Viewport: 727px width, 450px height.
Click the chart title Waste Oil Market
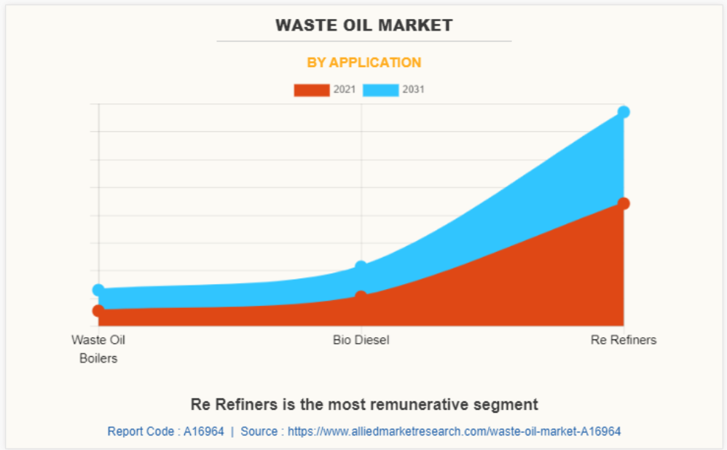(x=363, y=25)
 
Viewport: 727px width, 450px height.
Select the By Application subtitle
(x=363, y=63)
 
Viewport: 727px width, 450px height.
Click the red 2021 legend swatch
(x=311, y=90)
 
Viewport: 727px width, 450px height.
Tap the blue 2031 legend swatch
(x=380, y=90)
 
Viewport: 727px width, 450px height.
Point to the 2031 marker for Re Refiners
(x=624, y=112)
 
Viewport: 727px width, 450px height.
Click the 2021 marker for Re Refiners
(x=624, y=203)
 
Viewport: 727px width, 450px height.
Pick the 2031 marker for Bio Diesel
(x=361, y=267)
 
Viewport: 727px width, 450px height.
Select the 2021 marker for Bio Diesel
(x=361, y=296)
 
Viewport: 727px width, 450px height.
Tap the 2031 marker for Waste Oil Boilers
(x=98, y=290)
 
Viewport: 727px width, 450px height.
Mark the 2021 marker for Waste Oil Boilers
(x=98, y=311)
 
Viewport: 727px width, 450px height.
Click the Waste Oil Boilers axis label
(x=98, y=349)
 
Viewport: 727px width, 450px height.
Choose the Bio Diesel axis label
(x=361, y=340)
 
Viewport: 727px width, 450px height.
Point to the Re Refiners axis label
(x=624, y=340)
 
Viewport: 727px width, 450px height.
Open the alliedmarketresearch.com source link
(x=454, y=431)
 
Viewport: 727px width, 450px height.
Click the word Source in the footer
(x=259, y=431)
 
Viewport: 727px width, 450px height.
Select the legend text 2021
(x=344, y=90)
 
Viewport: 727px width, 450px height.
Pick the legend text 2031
(x=413, y=90)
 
